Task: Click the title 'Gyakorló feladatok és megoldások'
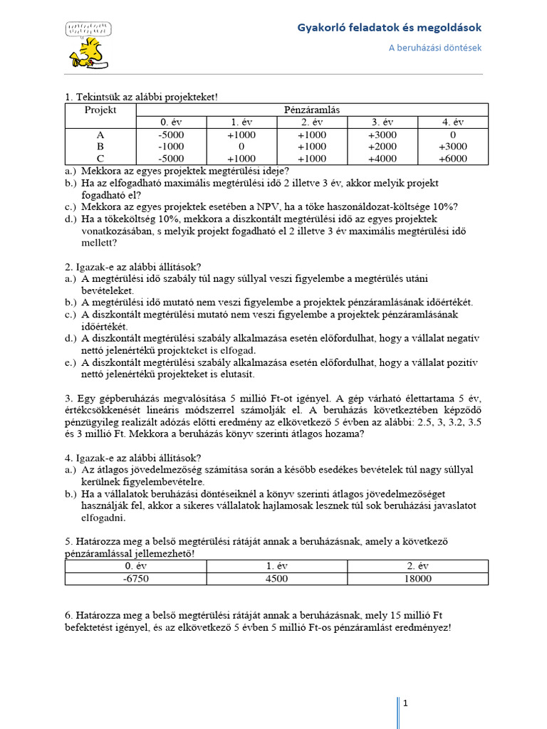click(390, 28)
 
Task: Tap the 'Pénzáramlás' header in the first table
click(312, 110)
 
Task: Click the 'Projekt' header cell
click(100, 110)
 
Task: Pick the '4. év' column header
click(453, 122)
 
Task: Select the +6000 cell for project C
click(453, 158)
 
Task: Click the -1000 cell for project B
click(171, 146)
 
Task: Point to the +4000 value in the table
click(382, 158)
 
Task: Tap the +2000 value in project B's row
click(382, 146)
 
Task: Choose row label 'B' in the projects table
click(100, 146)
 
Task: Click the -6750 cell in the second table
click(135, 579)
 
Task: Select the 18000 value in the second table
click(417, 579)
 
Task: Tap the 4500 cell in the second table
click(276, 579)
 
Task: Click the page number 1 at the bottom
click(405, 703)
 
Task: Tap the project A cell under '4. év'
click(453, 134)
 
